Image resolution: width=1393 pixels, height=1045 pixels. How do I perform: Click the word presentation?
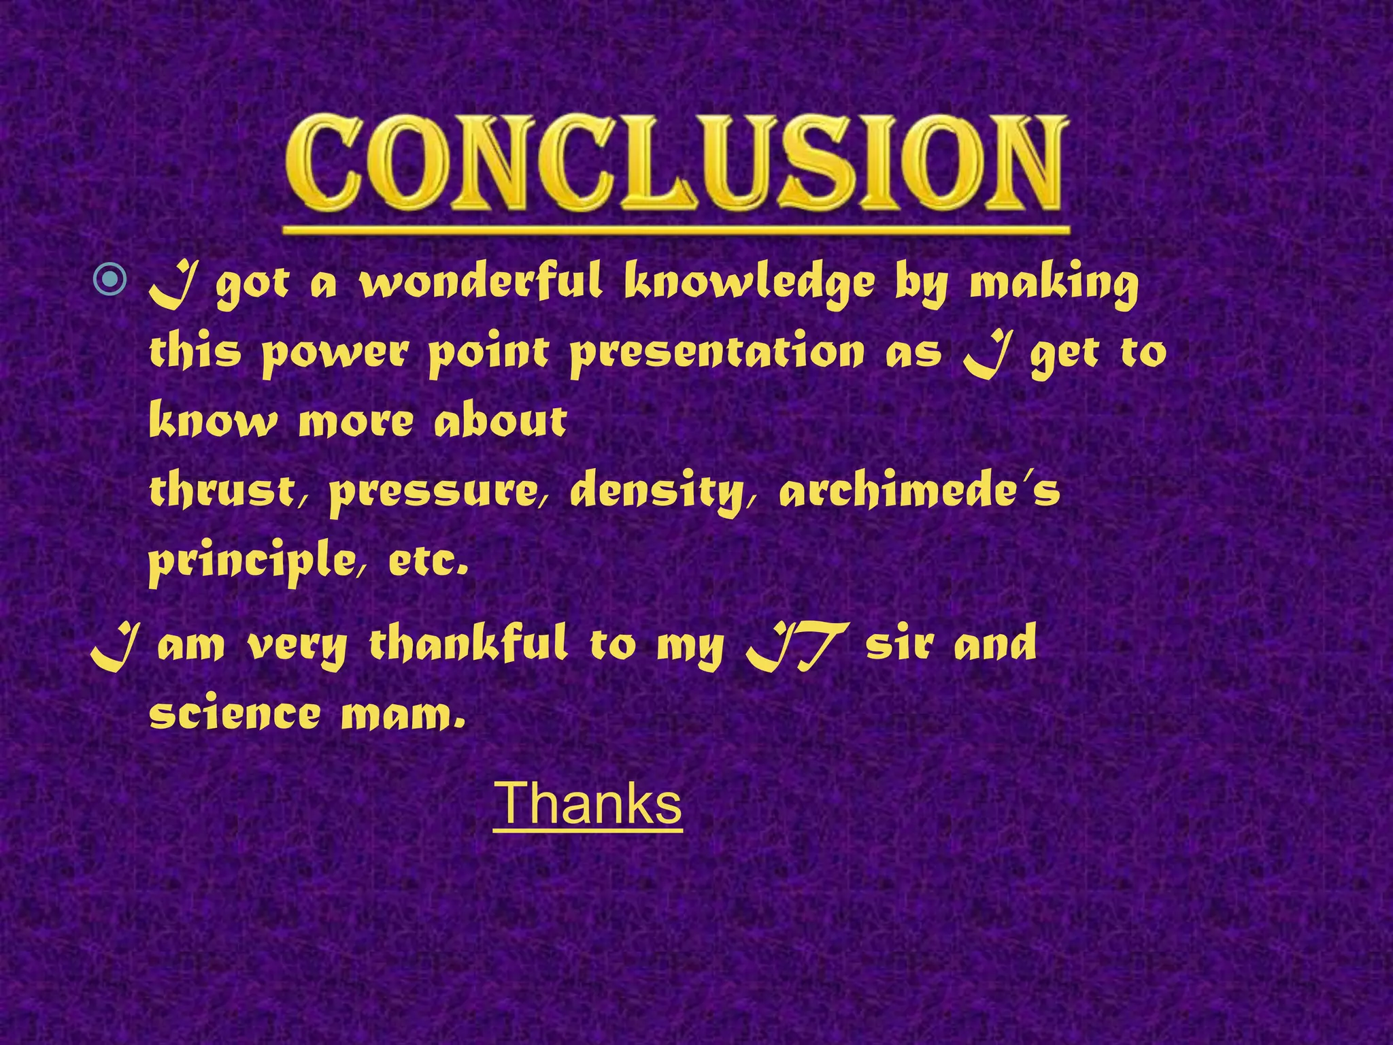[x=717, y=354]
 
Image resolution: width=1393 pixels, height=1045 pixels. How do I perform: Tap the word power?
[x=336, y=354]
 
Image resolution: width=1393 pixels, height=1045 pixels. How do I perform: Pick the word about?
[x=500, y=422]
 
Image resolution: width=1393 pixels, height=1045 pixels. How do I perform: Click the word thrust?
[x=221, y=491]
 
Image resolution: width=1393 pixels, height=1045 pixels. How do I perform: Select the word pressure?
[x=433, y=493]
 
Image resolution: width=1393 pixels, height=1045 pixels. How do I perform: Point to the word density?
[x=656, y=493]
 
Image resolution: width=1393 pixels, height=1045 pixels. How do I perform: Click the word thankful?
[x=468, y=645]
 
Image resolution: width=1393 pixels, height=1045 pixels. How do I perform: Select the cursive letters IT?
[x=796, y=646]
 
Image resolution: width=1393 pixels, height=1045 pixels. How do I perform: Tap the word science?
[x=235, y=714]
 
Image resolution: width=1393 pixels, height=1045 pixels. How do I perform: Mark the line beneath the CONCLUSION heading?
[x=675, y=231]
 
